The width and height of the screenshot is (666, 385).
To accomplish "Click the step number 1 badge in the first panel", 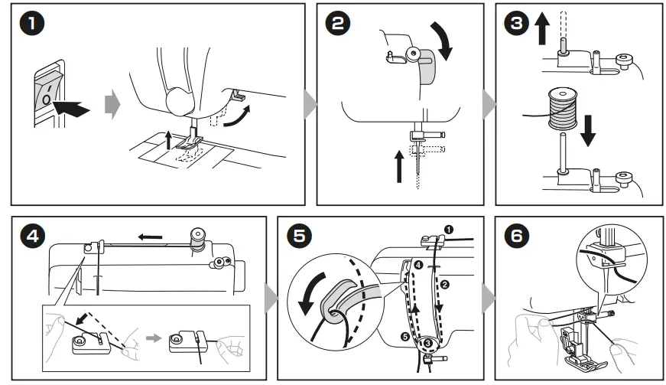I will pyautogui.click(x=31, y=23).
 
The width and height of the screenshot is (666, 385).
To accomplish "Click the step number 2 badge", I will pyautogui.click(x=336, y=23).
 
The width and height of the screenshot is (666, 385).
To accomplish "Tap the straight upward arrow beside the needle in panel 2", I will pyautogui.click(x=398, y=165).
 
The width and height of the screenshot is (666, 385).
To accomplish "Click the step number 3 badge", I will pyautogui.click(x=517, y=23).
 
